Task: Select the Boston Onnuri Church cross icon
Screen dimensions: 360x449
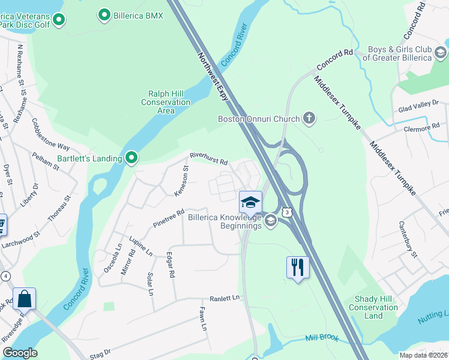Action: [x=309, y=118]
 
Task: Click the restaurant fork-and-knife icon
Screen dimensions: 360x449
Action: [x=298, y=267]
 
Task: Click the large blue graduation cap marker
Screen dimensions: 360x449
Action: [x=250, y=202]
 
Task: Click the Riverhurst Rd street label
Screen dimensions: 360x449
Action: [x=209, y=158]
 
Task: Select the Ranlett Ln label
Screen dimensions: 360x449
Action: [x=224, y=298]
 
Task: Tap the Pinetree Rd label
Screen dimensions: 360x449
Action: [x=169, y=217]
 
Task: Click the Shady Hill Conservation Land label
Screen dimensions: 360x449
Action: [x=373, y=307]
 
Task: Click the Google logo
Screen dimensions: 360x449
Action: [x=20, y=353]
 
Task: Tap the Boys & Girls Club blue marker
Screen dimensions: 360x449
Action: [x=441, y=53]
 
